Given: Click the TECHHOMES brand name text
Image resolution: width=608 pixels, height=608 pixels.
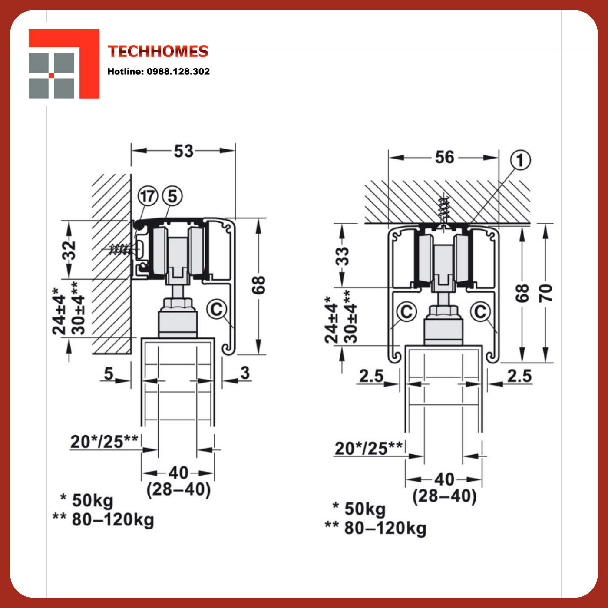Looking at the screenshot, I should pos(158,51).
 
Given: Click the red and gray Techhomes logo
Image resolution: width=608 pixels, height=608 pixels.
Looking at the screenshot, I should pos(64,64).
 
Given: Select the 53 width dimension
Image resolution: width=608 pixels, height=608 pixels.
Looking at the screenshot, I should pos(183,151).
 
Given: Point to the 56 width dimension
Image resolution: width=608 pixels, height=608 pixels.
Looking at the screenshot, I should pos(444,157).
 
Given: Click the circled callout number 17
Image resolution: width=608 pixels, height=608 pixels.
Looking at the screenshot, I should pos(148,196).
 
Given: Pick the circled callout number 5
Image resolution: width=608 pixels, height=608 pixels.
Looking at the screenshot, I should pos(172,196).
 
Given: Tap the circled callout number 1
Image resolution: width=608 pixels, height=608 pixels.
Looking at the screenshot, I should pos(520,160).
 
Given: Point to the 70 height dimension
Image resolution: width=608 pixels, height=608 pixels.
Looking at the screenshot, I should pos(545,293).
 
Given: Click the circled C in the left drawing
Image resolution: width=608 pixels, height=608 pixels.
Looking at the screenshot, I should pos(217,310).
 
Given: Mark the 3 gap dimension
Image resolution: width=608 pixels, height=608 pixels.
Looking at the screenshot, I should pos(245,373).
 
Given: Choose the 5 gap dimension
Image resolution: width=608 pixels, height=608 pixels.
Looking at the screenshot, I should pos(109,373).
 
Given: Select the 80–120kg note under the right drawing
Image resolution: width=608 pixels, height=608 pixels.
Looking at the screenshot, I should pos(385,528).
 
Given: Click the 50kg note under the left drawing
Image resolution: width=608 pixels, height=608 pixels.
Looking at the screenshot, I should pos(93,500).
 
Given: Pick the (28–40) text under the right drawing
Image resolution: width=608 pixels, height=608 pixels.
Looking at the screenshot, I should pos(444,496).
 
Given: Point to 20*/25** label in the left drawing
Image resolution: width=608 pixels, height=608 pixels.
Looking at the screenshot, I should pos(104,442).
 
